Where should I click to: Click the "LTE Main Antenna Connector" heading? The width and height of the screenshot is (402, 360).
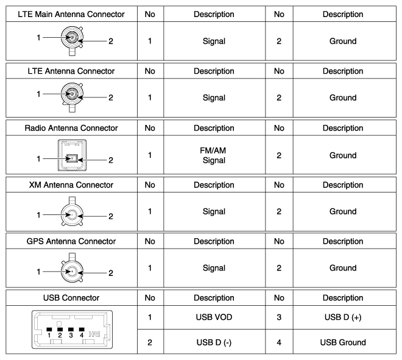[x=71, y=14]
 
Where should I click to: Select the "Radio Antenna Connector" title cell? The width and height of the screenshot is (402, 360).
[x=71, y=128]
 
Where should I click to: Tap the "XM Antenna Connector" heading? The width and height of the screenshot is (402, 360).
[x=71, y=185]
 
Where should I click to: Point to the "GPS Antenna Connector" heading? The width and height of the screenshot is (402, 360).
[x=71, y=241]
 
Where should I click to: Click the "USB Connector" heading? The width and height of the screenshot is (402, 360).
[x=71, y=298]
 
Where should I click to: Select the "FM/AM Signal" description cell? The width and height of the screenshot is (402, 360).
[x=214, y=155]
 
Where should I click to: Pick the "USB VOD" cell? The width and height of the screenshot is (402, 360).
[x=214, y=317]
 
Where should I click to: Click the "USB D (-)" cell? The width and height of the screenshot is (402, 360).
[x=214, y=342]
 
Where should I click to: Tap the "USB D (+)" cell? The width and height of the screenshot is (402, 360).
[x=343, y=317]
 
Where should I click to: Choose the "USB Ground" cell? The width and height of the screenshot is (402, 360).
[x=343, y=342]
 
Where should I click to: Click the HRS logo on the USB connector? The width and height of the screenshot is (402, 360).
[x=94, y=334]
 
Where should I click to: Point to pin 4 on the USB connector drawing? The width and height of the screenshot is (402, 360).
[x=82, y=330]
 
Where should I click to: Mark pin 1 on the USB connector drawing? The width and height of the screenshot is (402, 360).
[x=49, y=330]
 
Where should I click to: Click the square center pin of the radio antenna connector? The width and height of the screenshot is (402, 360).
[x=72, y=158]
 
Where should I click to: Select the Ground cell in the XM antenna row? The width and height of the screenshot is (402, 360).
[x=343, y=211]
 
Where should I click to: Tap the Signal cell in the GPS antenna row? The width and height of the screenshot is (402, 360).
[x=214, y=268]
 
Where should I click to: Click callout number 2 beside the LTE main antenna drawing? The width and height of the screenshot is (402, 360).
[x=111, y=41]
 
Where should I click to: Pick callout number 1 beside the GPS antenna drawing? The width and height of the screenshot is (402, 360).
[x=38, y=272]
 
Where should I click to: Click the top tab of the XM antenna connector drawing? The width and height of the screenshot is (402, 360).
[x=72, y=200]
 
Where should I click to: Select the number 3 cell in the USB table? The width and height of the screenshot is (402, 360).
[x=279, y=317]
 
